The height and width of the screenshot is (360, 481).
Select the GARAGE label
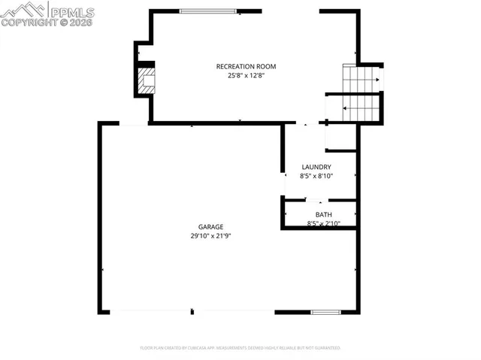(x=210, y=227)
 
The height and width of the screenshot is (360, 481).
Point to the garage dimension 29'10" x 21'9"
(x=210, y=236)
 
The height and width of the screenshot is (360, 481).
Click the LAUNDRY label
(x=316, y=167)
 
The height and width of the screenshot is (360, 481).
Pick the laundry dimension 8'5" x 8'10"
(x=316, y=176)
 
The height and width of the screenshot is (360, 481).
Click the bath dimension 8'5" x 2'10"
(x=324, y=223)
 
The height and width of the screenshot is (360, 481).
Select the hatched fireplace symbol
(x=146, y=81)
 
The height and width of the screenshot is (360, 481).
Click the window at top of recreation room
(x=209, y=11)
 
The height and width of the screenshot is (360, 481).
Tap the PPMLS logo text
(x=72, y=11)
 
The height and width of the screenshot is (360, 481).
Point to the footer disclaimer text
(x=240, y=348)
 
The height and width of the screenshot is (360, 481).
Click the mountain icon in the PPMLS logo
(x=23, y=9)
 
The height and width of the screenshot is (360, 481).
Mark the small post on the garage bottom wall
(x=193, y=311)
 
